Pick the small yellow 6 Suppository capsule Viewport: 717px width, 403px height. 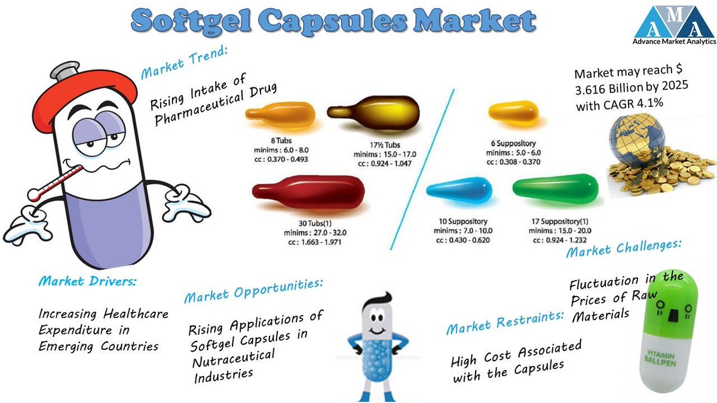coord(513,112)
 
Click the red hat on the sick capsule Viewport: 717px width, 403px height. coord(66,90)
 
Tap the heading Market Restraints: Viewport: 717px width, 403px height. coord(505,321)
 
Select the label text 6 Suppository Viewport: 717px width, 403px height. coord(512,143)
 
